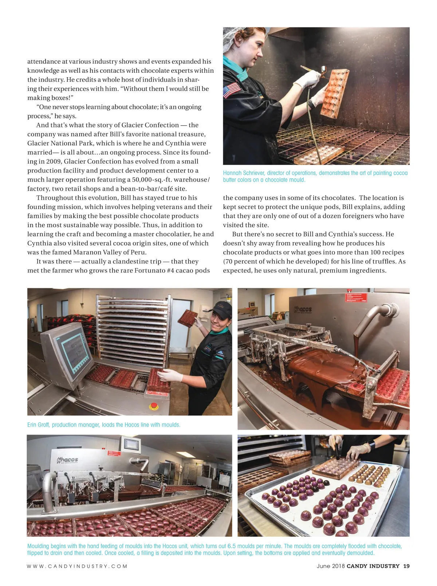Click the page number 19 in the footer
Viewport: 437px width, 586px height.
[406, 566]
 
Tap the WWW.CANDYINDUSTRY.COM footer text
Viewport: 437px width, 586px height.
[77, 566]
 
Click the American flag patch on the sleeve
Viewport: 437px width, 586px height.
[232, 90]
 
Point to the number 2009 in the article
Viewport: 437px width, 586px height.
[54, 161]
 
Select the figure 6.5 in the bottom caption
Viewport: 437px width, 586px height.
[232, 546]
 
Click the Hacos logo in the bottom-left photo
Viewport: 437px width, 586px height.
[68, 460]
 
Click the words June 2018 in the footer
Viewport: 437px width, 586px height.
[330, 566]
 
